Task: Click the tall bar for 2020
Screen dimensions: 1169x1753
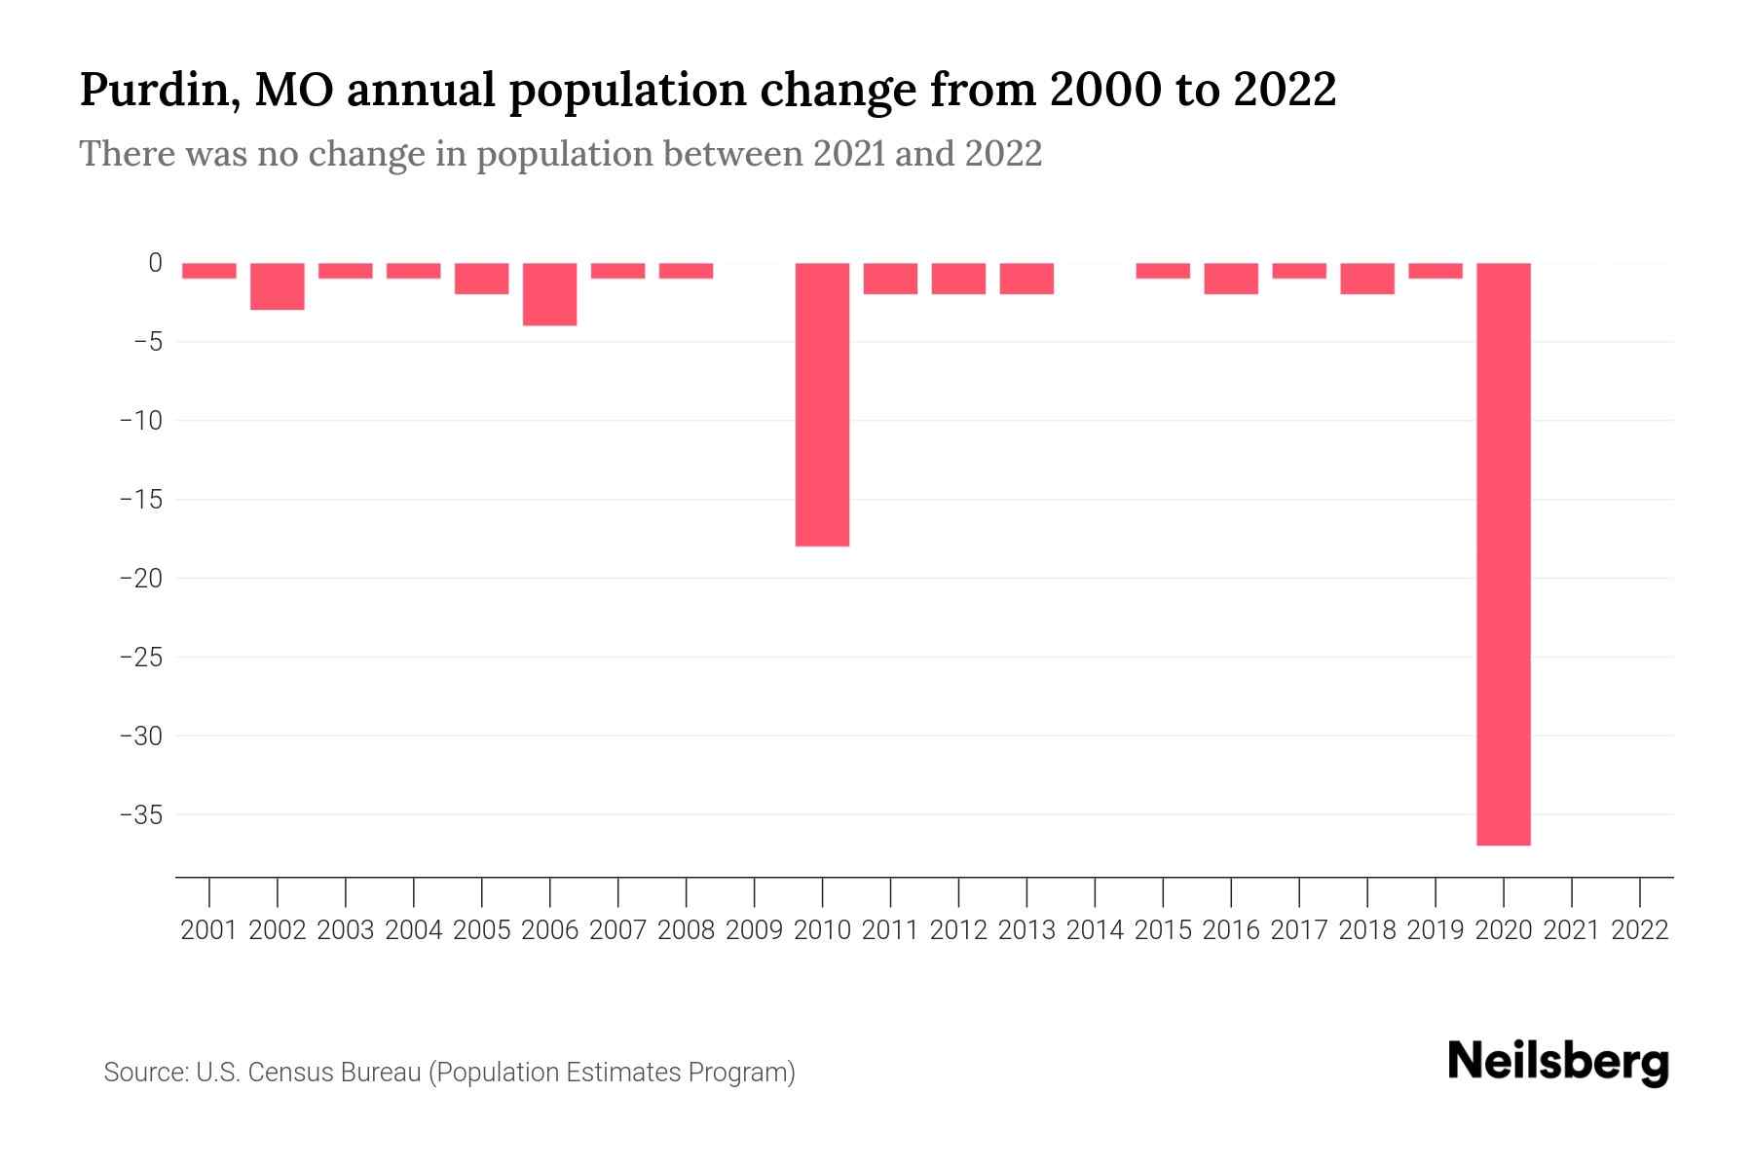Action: [x=1503, y=553]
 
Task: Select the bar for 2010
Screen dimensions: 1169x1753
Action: [x=822, y=404]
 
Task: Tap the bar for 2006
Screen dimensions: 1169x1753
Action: [x=550, y=294]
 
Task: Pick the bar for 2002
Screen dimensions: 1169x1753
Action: [x=278, y=286]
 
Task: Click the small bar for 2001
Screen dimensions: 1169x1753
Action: [x=209, y=271]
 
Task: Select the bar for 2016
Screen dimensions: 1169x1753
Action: [x=1231, y=279]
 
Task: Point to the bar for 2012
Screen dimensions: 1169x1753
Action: [x=958, y=279]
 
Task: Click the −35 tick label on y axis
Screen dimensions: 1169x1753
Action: [x=140, y=814]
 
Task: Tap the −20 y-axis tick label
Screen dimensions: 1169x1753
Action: [x=140, y=578]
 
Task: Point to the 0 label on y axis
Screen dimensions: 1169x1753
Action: [x=155, y=263]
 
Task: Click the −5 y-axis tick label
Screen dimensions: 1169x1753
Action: [x=147, y=342]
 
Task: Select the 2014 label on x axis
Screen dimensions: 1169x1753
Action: [x=1095, y=930]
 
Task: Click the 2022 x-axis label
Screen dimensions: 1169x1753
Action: [x=1640, y=930]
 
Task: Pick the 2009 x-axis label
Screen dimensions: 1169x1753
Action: [x=754, y=930]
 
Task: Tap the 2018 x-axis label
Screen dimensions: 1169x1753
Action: [x=1367, y=930]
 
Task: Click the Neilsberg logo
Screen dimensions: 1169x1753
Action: [x=1558, y=1062]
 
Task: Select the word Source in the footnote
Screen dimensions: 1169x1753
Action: [x=144, y=1073]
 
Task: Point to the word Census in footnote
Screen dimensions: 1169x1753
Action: [x=283, y=1073]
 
